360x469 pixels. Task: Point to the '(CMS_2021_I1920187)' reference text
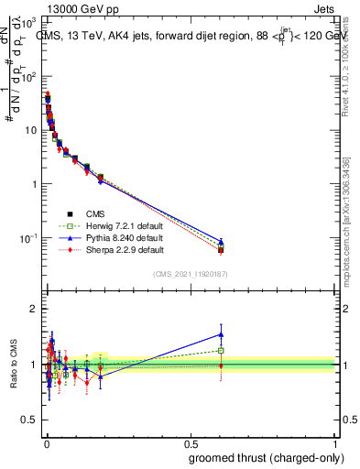[x=190, y=274]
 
